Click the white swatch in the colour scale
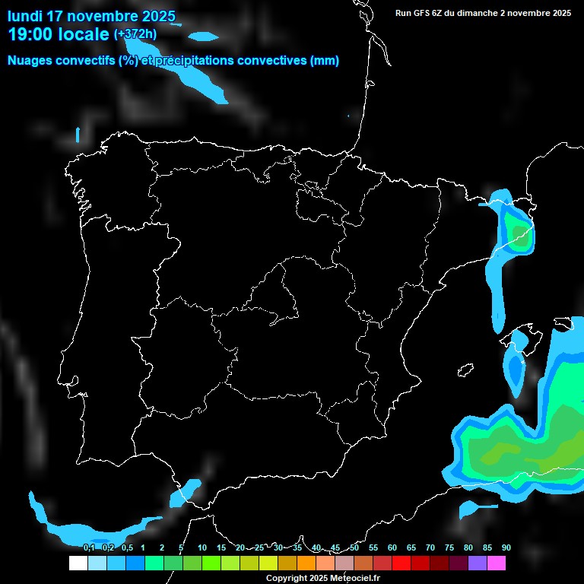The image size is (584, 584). (x=78, y=563)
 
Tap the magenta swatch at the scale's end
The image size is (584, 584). (x=496, y=563)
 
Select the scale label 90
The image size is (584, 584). (x=506, y=547)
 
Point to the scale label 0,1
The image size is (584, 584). (x=89, y=547)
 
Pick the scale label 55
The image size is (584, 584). (x=373, y=547)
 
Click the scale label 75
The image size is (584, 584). (x=449, y=547)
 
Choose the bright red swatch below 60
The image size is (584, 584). (x=401, y=563)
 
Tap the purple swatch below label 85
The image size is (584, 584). (x=477, y=563)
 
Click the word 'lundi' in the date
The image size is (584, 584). (x=25, y=16)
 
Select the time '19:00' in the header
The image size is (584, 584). (x=31, y=33)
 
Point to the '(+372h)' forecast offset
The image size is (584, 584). (x=135, y=34)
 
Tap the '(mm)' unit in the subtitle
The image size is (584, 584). (x=325, y=61)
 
